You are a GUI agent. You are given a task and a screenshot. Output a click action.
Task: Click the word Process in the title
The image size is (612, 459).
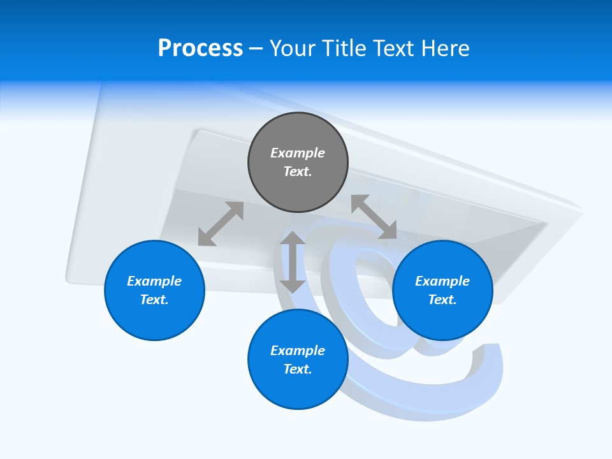tap(200, 48)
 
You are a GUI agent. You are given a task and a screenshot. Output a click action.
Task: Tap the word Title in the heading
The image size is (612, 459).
tap(342, 48)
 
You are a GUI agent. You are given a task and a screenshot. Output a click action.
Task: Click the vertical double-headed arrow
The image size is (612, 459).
tap(293, 262)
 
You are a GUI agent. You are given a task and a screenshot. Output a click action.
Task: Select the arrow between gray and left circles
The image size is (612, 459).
tap(221, 224)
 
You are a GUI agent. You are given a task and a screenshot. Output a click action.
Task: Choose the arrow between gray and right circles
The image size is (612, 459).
tap(374, 217)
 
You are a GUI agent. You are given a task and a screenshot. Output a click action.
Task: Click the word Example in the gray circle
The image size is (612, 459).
tap(298, 153)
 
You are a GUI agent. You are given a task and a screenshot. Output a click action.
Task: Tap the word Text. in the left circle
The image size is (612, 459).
tap(154, 300)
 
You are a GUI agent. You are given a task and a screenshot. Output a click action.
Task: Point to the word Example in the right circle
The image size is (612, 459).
tap(442, 281)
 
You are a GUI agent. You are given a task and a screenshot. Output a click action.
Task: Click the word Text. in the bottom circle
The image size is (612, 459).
tap(298, 369)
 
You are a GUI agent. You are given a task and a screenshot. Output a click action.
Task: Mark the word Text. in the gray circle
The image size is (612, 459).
tap(298, 171)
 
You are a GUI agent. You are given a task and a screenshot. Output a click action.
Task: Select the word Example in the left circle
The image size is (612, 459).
tap(154, 281)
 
